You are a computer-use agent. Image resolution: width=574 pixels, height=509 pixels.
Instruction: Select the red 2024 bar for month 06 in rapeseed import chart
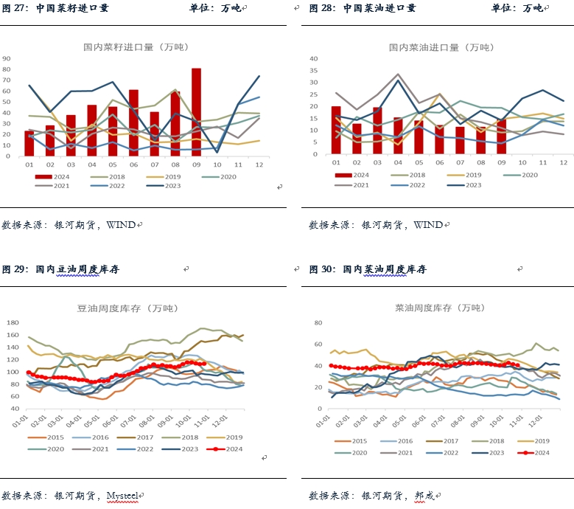click(x=133, y=123)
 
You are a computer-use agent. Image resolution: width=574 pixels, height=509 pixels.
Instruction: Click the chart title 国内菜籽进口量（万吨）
click(x=136, y=47)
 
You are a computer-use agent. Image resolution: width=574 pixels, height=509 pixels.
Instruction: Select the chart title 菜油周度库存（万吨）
click(x=431, y=307)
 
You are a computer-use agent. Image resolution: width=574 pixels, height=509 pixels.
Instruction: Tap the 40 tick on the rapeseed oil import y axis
click(x=313, y=58)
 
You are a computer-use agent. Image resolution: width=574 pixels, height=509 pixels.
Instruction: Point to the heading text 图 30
click(x=323, y=269)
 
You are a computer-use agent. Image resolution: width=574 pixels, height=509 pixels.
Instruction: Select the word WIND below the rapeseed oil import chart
click(x=427, y=224)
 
